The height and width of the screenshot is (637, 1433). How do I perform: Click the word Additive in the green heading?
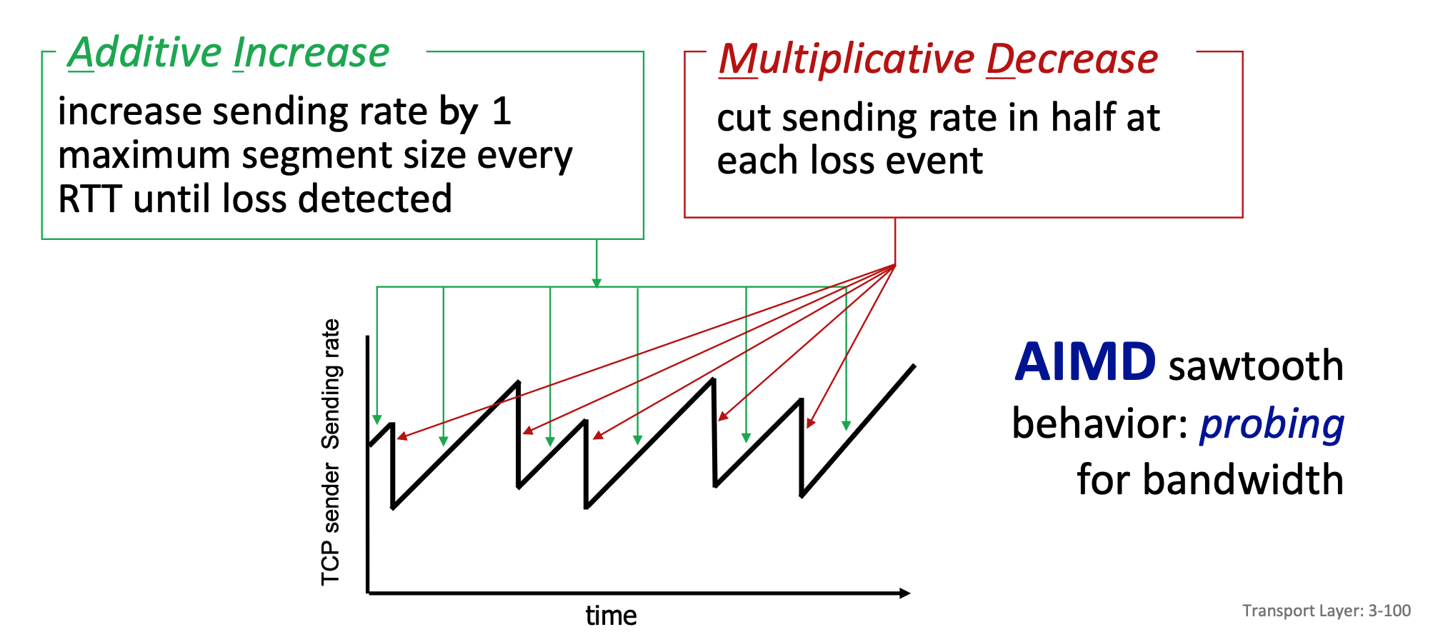pos(146,53)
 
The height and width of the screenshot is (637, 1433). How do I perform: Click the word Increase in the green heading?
pos(311,53)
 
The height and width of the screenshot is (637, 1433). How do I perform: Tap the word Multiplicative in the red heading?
pos(847,59)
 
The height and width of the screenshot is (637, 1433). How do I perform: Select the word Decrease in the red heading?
pos(1072,59)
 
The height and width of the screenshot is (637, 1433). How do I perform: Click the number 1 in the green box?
pos(502,111)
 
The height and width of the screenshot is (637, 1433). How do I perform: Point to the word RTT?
pos(90,199)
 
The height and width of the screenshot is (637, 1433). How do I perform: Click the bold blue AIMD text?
pos(1085,362)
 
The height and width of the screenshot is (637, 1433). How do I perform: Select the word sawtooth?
pos(1256,366)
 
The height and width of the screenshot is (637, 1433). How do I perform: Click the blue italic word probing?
pos(1272,424)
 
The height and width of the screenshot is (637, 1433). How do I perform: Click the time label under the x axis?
pos(611,616)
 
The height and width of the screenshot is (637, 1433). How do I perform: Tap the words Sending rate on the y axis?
pos(331,384)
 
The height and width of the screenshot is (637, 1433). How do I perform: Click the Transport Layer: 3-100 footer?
pos(1327,611)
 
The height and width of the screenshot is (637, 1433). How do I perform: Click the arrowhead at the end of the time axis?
pos(905,593)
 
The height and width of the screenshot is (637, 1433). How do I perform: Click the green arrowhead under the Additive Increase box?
pos(596,284)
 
